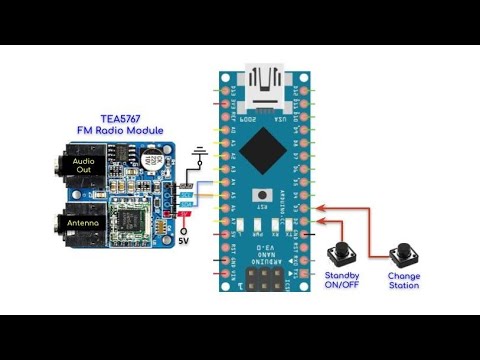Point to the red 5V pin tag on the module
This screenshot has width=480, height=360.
tap(184, 213)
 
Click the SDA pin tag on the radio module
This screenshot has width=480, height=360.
tap(184, 204)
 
